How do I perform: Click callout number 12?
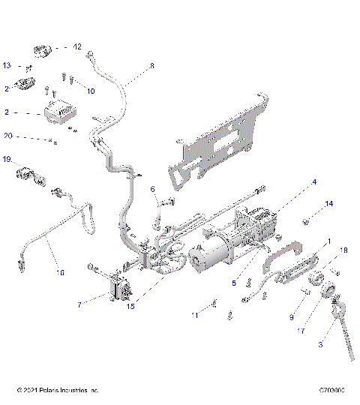tap(77, 46)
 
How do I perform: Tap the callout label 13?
tap(7, 65)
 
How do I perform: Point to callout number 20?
tap(8, 136)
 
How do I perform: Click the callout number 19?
tap(7, 160)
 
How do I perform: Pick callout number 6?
tap(152, 189)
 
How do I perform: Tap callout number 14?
tap(328, 204)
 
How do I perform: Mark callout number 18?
tap(344, 250)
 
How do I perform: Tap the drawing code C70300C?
tap(331, 391)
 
